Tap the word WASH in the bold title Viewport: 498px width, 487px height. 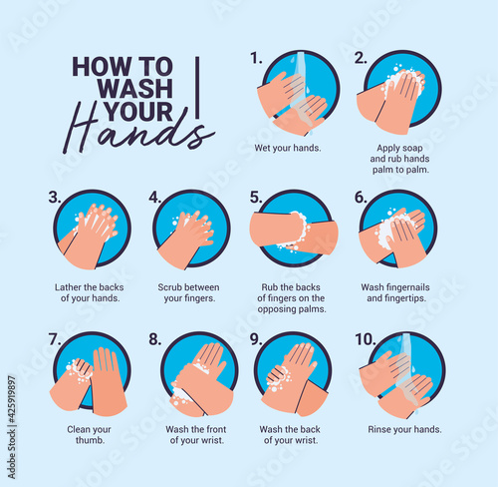[x=135, y=89]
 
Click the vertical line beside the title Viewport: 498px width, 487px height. [x=197, y=88]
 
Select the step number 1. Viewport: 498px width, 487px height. [x=256, y=58]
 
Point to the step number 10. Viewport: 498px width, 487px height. [x=366, y=339]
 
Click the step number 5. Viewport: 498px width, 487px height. [x=256, y=198]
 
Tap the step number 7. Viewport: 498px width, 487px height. [x=55, y=339]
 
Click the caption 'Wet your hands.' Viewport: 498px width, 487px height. [x=288, y=148]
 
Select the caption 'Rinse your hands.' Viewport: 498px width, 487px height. [x=404, y=429]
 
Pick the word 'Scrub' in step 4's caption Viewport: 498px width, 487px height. [x=169, y=287]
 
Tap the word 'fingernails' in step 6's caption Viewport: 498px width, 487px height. [x=407, y=287]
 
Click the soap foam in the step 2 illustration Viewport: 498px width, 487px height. [x=403, y=81]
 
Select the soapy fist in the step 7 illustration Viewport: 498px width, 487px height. [x=79, y=370]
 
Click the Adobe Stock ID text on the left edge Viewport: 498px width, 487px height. [x=12, y=427]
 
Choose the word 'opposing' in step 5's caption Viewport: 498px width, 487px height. [x=277, y=309]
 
